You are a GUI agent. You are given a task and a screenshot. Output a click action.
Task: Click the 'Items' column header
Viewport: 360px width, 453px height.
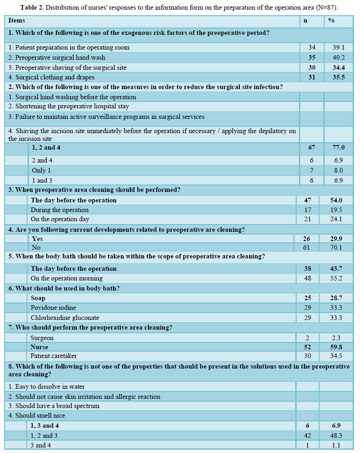(17, 21)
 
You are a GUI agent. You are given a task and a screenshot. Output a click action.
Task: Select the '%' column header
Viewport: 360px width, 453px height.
(332, 21)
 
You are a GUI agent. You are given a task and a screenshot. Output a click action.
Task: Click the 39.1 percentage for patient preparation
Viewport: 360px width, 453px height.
(339, 47)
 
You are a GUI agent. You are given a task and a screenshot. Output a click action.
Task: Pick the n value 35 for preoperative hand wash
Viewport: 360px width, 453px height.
(312, 57)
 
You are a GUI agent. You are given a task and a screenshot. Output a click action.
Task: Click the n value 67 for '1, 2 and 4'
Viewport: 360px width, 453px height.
(312, 148)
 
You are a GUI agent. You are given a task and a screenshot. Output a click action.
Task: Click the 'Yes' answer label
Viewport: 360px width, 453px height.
(38, 239)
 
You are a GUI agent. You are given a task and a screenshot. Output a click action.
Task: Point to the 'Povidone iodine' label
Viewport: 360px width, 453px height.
(53, 308)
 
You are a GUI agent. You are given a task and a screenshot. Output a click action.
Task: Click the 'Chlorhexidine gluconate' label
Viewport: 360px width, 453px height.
(65, 318)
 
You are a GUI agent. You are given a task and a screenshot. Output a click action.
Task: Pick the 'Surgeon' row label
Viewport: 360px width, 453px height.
(42, 338)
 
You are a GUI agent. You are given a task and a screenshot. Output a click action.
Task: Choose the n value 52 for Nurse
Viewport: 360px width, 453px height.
(308, 347)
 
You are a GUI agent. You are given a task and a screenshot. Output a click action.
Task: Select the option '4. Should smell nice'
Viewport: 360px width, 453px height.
(37, 415)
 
